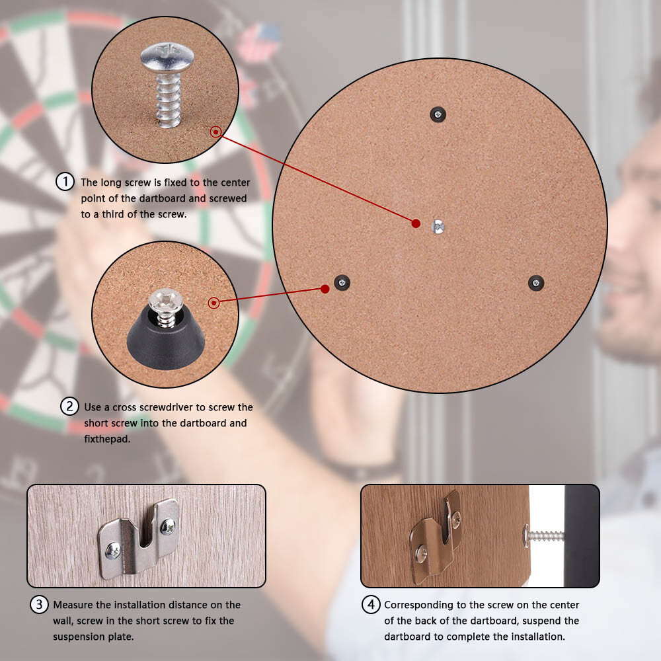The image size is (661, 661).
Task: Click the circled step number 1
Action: coord(64,182)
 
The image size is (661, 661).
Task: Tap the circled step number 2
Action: coord(70,406)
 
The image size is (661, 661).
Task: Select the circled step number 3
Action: coord(40,604)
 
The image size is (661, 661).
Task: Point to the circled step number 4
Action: coord(371,604)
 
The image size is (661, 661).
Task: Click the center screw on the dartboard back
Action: coord(438,225)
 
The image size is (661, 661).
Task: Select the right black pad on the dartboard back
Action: coord(536,283)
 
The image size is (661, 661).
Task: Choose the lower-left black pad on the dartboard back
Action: coord(342,282)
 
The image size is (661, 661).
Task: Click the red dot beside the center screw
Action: coord(416,223)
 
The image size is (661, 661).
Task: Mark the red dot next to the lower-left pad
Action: coord(325,289)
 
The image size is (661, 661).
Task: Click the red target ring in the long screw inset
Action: coord(215,132)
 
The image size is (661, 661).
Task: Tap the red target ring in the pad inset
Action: coord(214,303)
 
